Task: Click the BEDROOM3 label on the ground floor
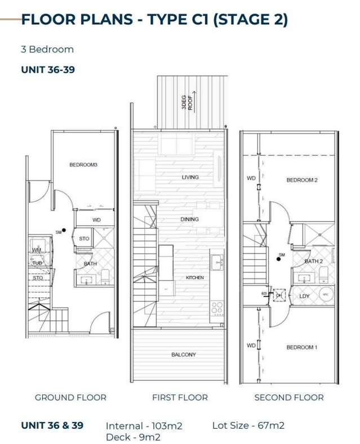pos(83,165)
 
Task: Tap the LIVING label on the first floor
pos(190,177)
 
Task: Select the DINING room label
pos(189,219)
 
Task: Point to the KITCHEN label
pos(195,278)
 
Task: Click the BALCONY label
pos(184,354)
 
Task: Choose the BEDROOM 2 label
pos(302,180)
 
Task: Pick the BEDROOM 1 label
pos(301,347)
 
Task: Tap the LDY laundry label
pos(304,296)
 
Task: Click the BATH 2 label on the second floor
pos(313,261)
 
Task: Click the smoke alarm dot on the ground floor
pos(65,230)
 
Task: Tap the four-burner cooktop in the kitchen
pos(217,308)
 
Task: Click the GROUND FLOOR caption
pos(70,397)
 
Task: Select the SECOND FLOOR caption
pos(289,397)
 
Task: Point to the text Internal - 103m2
pos(144,426)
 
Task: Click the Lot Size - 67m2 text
pos(248,425)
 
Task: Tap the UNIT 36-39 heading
pos(48,70)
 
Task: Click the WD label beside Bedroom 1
pos(251,345)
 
